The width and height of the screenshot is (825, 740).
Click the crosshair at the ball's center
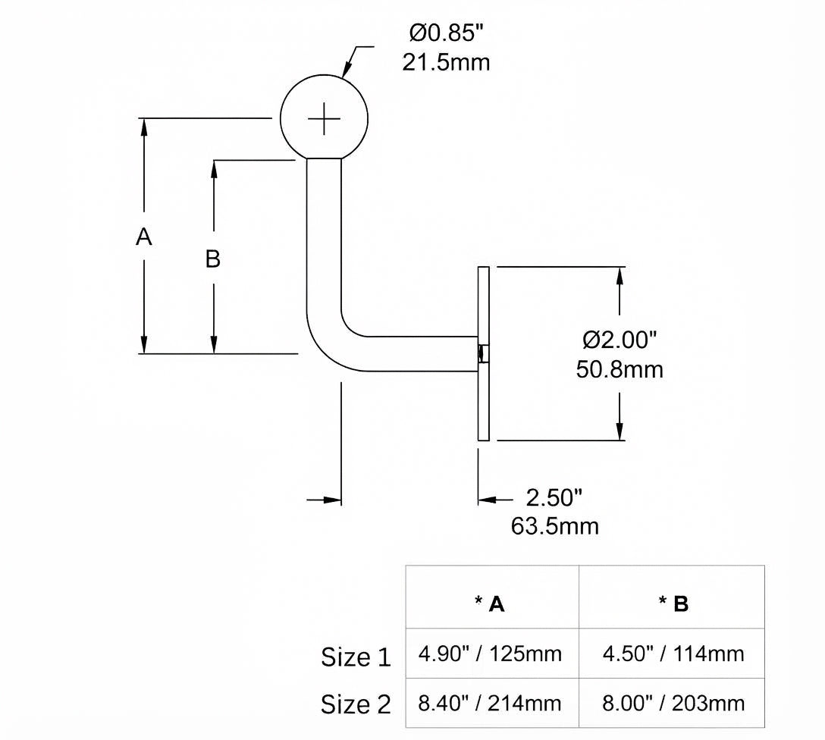pyautogui.click(x=324, y=119)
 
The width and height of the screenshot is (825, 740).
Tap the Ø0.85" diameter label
pyautogui.click(x=446, y=33)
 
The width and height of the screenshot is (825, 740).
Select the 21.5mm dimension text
pyautogui.click(x=446, y=63)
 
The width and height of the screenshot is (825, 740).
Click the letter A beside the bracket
pyautogui.click(x=143, y=237)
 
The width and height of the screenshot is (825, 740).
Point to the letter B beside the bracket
pyautogui.click(x=212, y=259)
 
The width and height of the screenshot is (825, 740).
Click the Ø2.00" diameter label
pyautogui.click(x=620, y=340)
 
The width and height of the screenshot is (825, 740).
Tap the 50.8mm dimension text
pyautogui.click(x=620, y=369)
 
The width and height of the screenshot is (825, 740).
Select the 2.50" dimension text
pyautogui.click(x=554, y=497)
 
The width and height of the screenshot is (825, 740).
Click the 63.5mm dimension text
pyautogui.click(x=554, y=526)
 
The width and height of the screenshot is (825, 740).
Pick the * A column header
pyautogui.click(x=489, y=604)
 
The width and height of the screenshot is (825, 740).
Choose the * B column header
pyautogui.click(x=673, y=604)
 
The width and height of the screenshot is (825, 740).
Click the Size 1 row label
pyautogui.click(x=356, y=657)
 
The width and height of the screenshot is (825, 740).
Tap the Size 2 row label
pyautogui.click(x=356, y=704)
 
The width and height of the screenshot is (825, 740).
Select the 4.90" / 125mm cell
pyautogui.click(x=490, y=654)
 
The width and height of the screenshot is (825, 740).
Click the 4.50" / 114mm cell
pyautogui.click(x=673, y=654)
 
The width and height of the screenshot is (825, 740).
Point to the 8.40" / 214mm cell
pyautogui.click(x=490, y=703)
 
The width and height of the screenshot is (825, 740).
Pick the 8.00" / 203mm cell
pyautogui.click(x=673, y=703)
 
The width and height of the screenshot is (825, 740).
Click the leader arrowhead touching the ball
pyautogui.click(x=347, y=71)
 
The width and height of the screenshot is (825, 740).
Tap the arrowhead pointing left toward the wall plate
pyautogui.click(x=488, y=499)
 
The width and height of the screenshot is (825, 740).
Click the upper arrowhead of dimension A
pyautogui.click(x=143, y=128)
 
